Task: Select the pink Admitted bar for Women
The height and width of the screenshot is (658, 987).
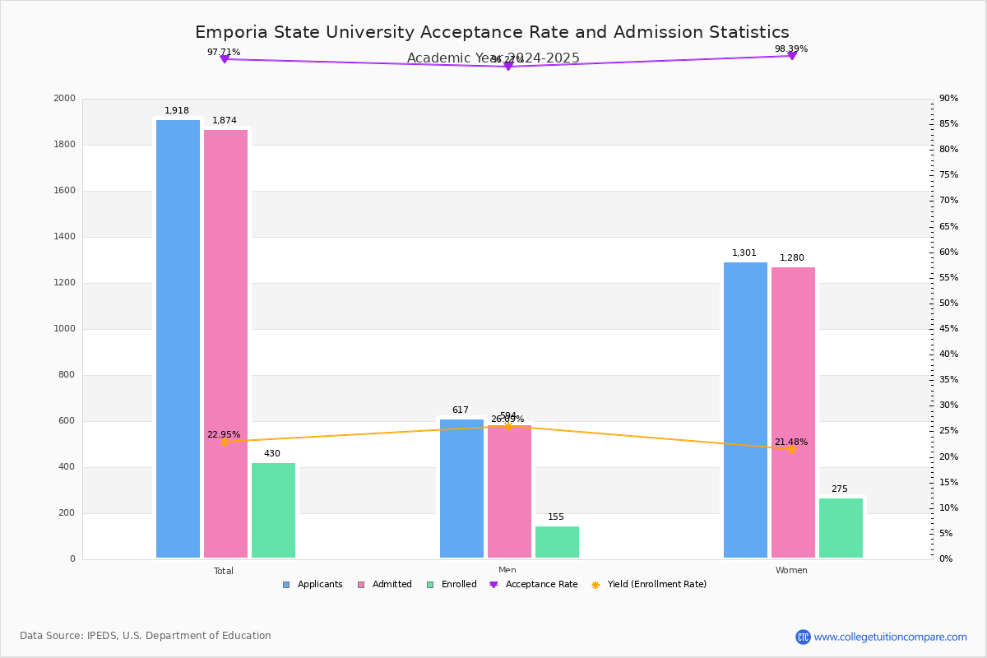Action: [793, 412]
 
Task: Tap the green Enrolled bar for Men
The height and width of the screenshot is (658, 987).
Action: [557, 542]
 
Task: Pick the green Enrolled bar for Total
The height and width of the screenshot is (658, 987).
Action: [273, 510]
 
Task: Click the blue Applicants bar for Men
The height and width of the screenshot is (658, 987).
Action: [461, 489]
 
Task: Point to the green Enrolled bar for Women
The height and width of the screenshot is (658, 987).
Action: [841, 528]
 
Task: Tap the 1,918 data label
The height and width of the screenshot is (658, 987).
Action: [177, 111]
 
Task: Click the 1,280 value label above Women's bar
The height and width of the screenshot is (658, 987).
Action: [792, 258]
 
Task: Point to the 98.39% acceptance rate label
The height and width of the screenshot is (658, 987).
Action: [791, 49]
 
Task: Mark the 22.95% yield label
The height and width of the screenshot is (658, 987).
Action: [224, 435]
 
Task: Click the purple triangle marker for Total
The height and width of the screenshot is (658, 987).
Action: [224, 59]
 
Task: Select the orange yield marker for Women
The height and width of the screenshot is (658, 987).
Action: [791, 449]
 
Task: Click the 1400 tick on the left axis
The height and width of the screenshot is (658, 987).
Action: [64, 237]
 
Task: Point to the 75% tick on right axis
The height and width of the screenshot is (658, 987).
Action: [948, 175]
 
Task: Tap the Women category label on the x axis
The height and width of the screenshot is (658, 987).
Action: [791, 571]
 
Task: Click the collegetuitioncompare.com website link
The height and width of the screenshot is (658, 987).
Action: [890, 637]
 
